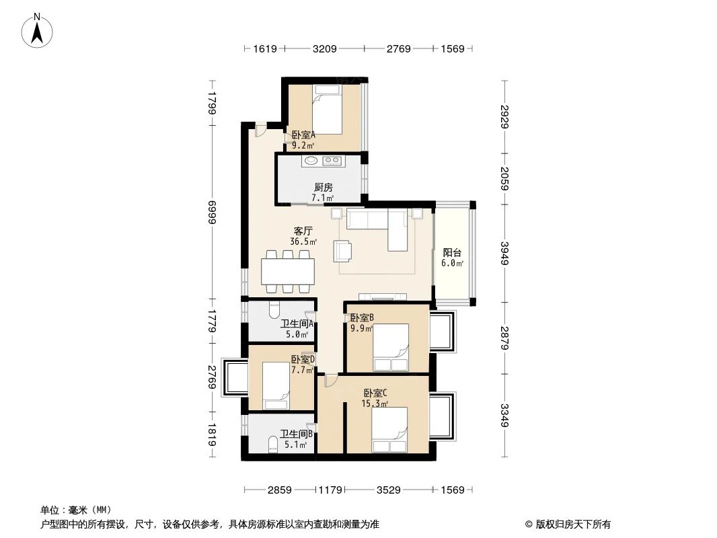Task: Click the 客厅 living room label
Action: click(303, 231)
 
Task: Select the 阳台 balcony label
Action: click(453, 253)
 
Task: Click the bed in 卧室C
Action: click(389, 429)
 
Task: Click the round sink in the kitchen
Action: click(311, 161)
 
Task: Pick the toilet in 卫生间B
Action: click(272, 445)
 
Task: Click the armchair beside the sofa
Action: click(343, 251)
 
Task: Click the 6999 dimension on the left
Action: click(212, 216)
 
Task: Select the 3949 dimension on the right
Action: click(504, 250)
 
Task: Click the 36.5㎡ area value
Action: click(303, 241)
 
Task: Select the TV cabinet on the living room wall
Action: click(382, 296)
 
